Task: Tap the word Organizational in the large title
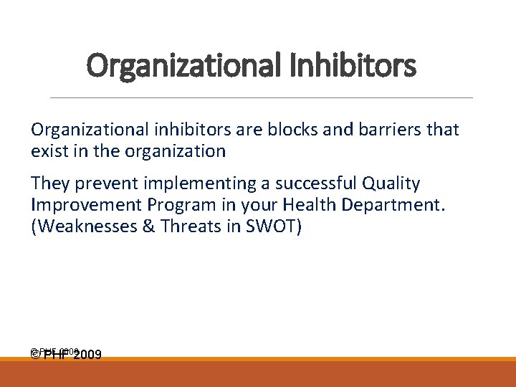(x=185, y=66)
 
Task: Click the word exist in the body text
(x=47, y=151)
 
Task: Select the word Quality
(x=394, y=184)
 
